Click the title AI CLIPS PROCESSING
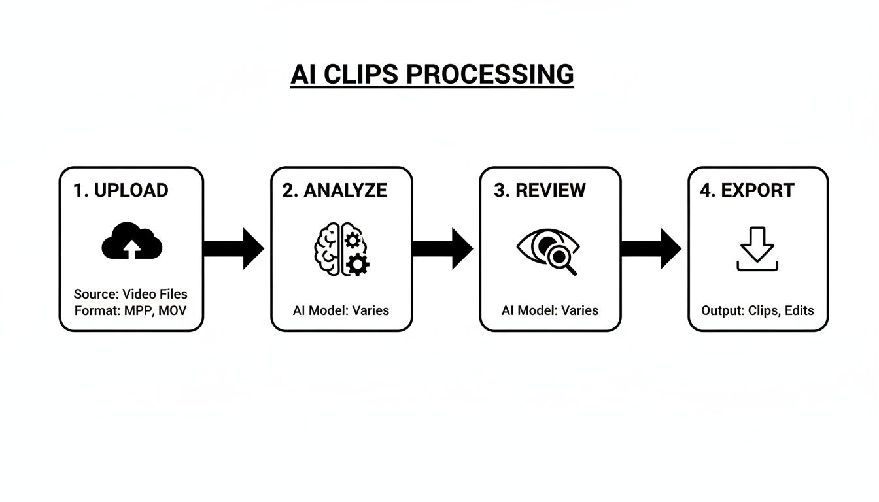click(432, 75)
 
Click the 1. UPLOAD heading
click(121, 190)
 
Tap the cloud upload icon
click(132, 241)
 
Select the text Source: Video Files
click(130, 294)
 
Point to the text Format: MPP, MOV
click(130, 310)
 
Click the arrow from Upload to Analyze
click(233, 248)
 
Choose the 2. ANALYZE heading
click(335, 190)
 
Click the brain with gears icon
click(341, 249)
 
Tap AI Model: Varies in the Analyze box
click(341, 310)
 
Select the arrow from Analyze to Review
click(443, 248)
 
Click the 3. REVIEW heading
click(540, 190)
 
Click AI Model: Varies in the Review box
click(549, 310)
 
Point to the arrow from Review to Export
click(651, 248)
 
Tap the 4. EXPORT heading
click(747, 190)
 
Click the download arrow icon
click(757, 249)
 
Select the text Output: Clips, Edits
click(757, 310)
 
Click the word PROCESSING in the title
click(490, 75)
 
